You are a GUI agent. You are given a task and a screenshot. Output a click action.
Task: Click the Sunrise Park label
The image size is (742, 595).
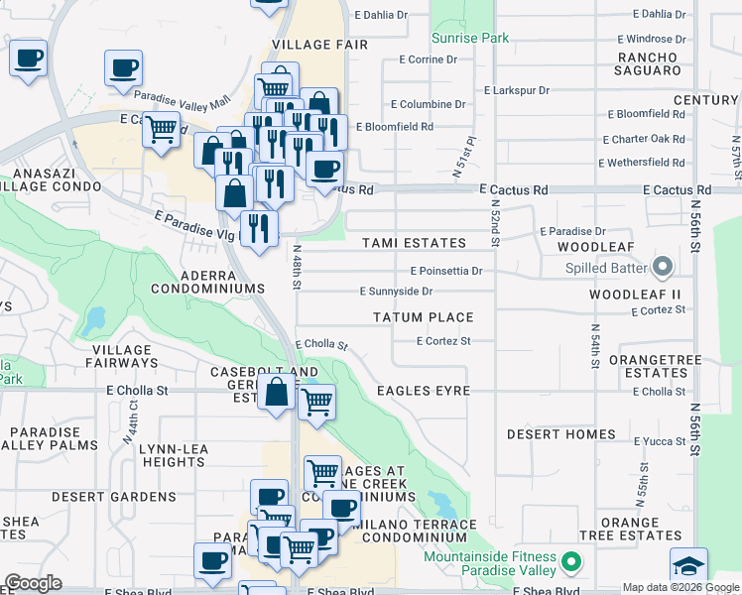(470, 38)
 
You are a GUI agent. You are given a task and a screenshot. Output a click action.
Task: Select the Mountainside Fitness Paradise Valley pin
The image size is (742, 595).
(570, 563)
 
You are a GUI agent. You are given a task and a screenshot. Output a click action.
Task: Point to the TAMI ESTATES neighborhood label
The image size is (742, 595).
(414, 243)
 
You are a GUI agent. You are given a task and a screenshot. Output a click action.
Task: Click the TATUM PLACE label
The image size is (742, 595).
(423, 317)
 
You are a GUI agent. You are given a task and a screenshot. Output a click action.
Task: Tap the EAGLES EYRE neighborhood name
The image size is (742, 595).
(424, 391)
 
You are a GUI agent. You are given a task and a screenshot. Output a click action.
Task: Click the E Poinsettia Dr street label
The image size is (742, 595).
(445, 271)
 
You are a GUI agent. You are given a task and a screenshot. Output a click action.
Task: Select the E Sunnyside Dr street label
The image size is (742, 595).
(396, 292)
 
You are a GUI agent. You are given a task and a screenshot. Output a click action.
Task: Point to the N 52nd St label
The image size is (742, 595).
(493, 220)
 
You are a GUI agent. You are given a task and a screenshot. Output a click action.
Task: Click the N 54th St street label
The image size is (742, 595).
(594, 345)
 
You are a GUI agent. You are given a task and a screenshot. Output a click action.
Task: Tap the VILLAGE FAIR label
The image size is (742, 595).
(319, 45)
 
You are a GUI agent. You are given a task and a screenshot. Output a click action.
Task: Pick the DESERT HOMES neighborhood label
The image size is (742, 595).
(560, 434)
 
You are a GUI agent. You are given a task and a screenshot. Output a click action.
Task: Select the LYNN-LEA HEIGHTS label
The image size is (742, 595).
(173, 455)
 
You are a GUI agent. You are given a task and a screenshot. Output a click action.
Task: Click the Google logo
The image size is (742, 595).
(33, 583)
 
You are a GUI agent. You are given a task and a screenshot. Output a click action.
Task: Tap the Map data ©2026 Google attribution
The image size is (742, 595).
(680, 587)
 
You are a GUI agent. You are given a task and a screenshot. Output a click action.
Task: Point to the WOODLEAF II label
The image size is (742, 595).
(635, 295)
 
